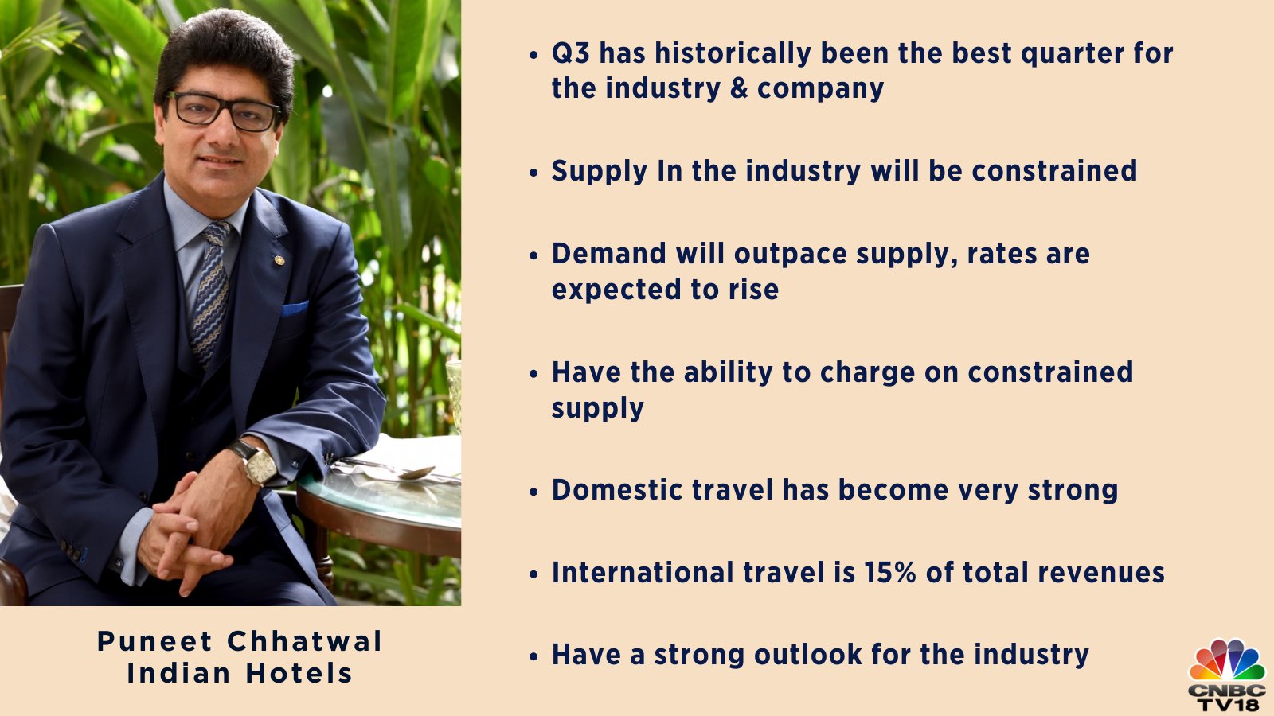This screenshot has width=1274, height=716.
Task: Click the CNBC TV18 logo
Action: [1227, 676]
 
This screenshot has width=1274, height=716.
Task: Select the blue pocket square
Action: [295, 309]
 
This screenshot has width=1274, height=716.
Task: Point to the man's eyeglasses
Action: [224, 112]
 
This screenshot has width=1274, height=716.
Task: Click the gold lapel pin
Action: [279, 259]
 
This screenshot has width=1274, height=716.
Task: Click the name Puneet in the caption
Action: [154, 642]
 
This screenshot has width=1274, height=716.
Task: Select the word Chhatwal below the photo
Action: [305, 642]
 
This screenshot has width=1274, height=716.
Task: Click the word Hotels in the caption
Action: [299, 674]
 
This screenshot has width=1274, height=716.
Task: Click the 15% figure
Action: [890, 573]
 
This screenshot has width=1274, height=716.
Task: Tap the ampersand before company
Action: [739, 88]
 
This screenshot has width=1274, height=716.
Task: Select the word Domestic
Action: [617, 490]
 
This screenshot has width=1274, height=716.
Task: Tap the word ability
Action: [729, 373]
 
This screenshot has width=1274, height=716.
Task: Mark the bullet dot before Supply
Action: [533, 172]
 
